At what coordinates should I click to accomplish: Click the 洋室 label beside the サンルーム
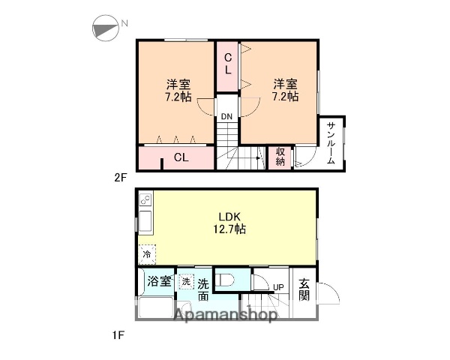285,89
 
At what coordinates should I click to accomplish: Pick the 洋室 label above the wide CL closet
178,89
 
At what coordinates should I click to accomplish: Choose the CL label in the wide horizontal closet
181,157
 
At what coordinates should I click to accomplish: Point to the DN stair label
226,116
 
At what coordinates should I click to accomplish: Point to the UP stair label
277,287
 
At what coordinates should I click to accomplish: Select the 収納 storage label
280,156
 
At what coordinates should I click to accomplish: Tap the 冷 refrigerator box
147,255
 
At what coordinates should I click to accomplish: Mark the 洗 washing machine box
185,282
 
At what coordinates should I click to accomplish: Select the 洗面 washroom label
202,289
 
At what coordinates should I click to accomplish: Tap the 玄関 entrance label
304,289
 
